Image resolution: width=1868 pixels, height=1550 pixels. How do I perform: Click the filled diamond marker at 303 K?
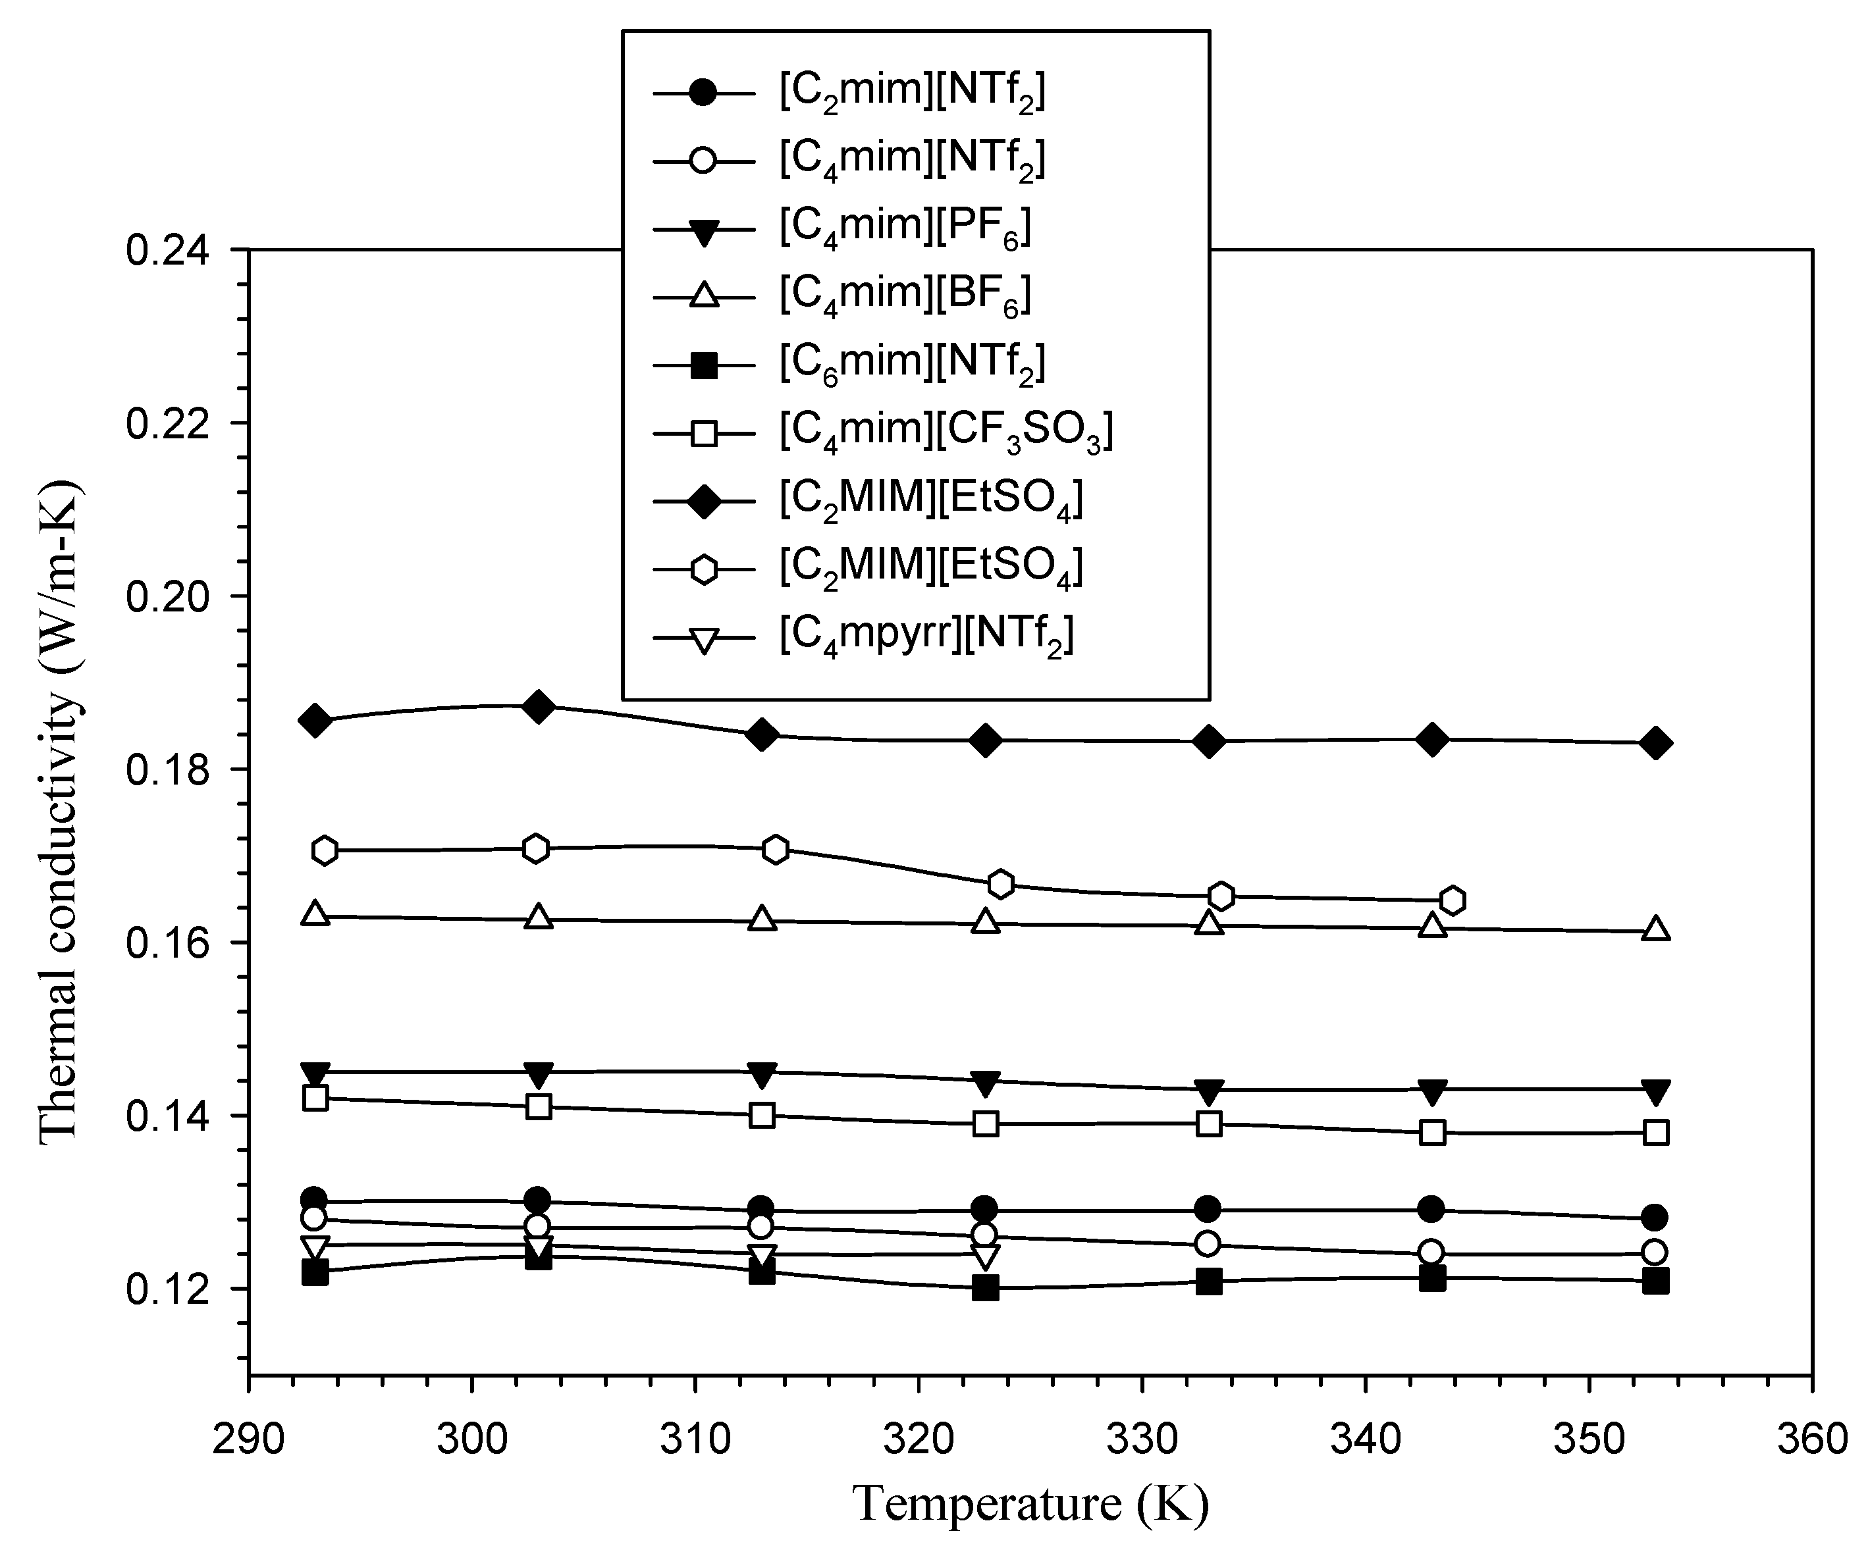pos(537,706)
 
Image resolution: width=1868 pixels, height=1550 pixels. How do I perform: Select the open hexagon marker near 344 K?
pos(1452,900)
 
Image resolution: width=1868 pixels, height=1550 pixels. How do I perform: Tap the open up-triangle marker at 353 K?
pos(1655,929)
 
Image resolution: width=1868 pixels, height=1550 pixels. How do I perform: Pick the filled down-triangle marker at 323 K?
pos(985,1082)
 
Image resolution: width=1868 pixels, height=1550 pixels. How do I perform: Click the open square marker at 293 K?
pos(315,1097)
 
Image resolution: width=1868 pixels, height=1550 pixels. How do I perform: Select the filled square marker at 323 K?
pos(985,1287)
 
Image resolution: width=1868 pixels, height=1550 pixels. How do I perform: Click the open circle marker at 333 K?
pos(1207,1243)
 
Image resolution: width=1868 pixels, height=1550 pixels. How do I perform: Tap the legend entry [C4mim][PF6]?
pos(905,228)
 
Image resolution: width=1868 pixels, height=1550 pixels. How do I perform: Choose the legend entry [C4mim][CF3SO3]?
pos(946,431)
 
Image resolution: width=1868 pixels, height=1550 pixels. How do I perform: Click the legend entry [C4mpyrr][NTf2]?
pos(926,636)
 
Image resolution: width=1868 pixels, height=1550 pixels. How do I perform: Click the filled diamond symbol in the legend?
pos(704,501)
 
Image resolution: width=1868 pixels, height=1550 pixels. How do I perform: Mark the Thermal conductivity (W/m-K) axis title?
pos(60,810)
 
